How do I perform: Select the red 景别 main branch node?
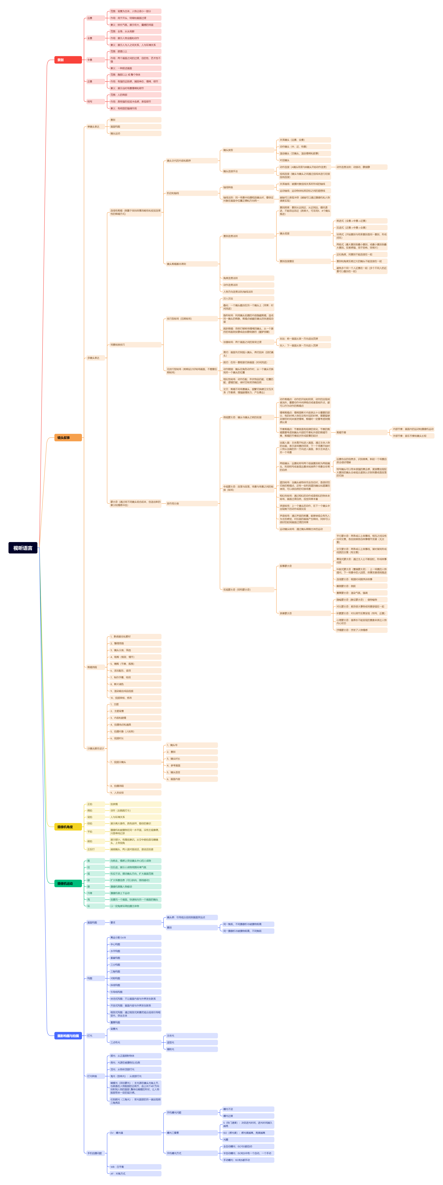coord(68,60)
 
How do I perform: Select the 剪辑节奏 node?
coord(361,432)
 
